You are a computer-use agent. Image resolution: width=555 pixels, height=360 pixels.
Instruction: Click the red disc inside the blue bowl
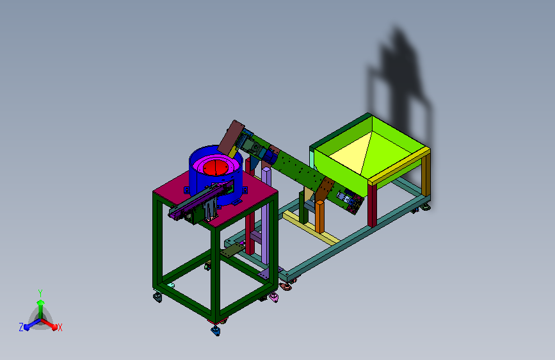(x=215, y=168)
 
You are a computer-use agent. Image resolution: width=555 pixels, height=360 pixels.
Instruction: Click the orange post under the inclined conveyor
(x=319, y=216)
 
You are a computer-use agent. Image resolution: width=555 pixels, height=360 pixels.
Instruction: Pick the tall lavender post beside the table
(x=266, y=216)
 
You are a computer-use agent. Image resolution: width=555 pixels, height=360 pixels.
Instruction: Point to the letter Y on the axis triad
(x=40, y=293)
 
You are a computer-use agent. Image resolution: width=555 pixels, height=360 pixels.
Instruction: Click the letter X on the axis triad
(x=60, y=328)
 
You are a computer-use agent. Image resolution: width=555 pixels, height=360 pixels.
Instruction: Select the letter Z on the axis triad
(x=21, y=327)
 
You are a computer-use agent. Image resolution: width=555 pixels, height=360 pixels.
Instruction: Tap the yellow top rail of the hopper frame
(x=399, y=165)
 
